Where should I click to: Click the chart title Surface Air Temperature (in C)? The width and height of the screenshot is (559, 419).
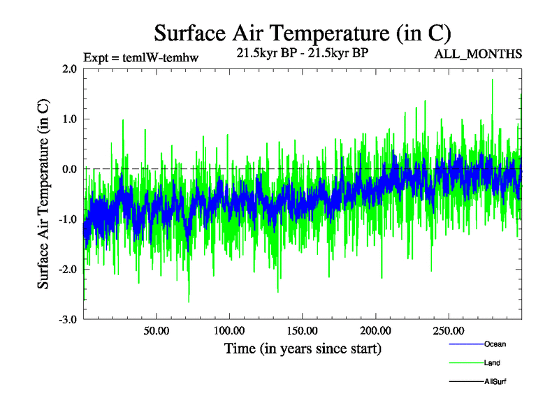[x=303, y=33]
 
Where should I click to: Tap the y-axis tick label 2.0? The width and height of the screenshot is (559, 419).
[x=68, y=68]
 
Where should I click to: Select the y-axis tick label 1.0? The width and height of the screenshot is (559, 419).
[x=68, y=119]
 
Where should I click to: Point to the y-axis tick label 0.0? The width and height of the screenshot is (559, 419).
[x=68, y=169]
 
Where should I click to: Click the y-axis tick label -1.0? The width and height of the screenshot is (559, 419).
[x=67, y=219]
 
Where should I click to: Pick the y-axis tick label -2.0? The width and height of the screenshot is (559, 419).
[x=67, y=270]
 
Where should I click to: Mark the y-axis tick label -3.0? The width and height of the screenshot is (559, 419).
[x=67, y=320]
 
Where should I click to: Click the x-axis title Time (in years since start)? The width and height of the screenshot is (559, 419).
[x=303, y=348]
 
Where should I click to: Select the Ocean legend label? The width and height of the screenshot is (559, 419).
[x=495, y=344]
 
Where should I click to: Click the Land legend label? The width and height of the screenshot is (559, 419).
[x=492, y=363]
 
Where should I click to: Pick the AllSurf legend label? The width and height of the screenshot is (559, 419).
[x=495, y=382]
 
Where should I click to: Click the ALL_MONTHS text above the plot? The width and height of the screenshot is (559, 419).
[x=479, y=54]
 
